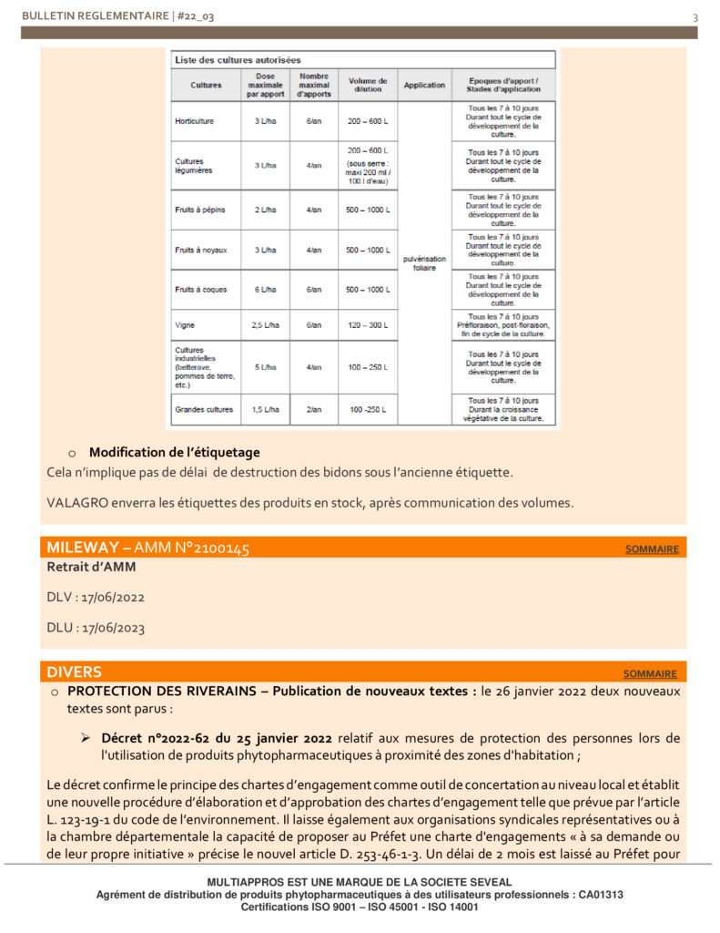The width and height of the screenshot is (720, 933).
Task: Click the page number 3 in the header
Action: [695, 17]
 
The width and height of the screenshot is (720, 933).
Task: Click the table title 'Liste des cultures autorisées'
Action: [238, 59]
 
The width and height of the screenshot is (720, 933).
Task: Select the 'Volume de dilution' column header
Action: [367, 85]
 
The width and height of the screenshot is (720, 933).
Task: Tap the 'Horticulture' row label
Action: [195, 121]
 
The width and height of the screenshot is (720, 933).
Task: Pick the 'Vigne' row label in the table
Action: [186, 324]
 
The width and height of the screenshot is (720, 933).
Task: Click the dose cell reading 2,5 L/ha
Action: [266, 324]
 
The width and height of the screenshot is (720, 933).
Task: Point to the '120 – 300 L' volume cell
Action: [367, 324]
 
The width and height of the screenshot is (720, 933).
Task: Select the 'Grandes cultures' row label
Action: [204, 410]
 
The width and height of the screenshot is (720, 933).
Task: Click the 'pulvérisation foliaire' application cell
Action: [424, 263]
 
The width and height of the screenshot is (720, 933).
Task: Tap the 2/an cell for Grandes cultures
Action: [314, 410]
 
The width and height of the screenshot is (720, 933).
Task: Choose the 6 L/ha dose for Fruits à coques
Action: [266, 290]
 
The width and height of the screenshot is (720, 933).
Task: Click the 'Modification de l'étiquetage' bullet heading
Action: [174, 452]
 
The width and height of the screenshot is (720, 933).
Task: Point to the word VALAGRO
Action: [77, 502]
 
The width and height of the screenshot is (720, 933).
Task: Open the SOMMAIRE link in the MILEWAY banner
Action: [652, 549]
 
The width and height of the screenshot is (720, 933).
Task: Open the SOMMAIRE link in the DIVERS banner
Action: [650, 674]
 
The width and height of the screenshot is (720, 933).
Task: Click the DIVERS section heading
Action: [75, 672]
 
